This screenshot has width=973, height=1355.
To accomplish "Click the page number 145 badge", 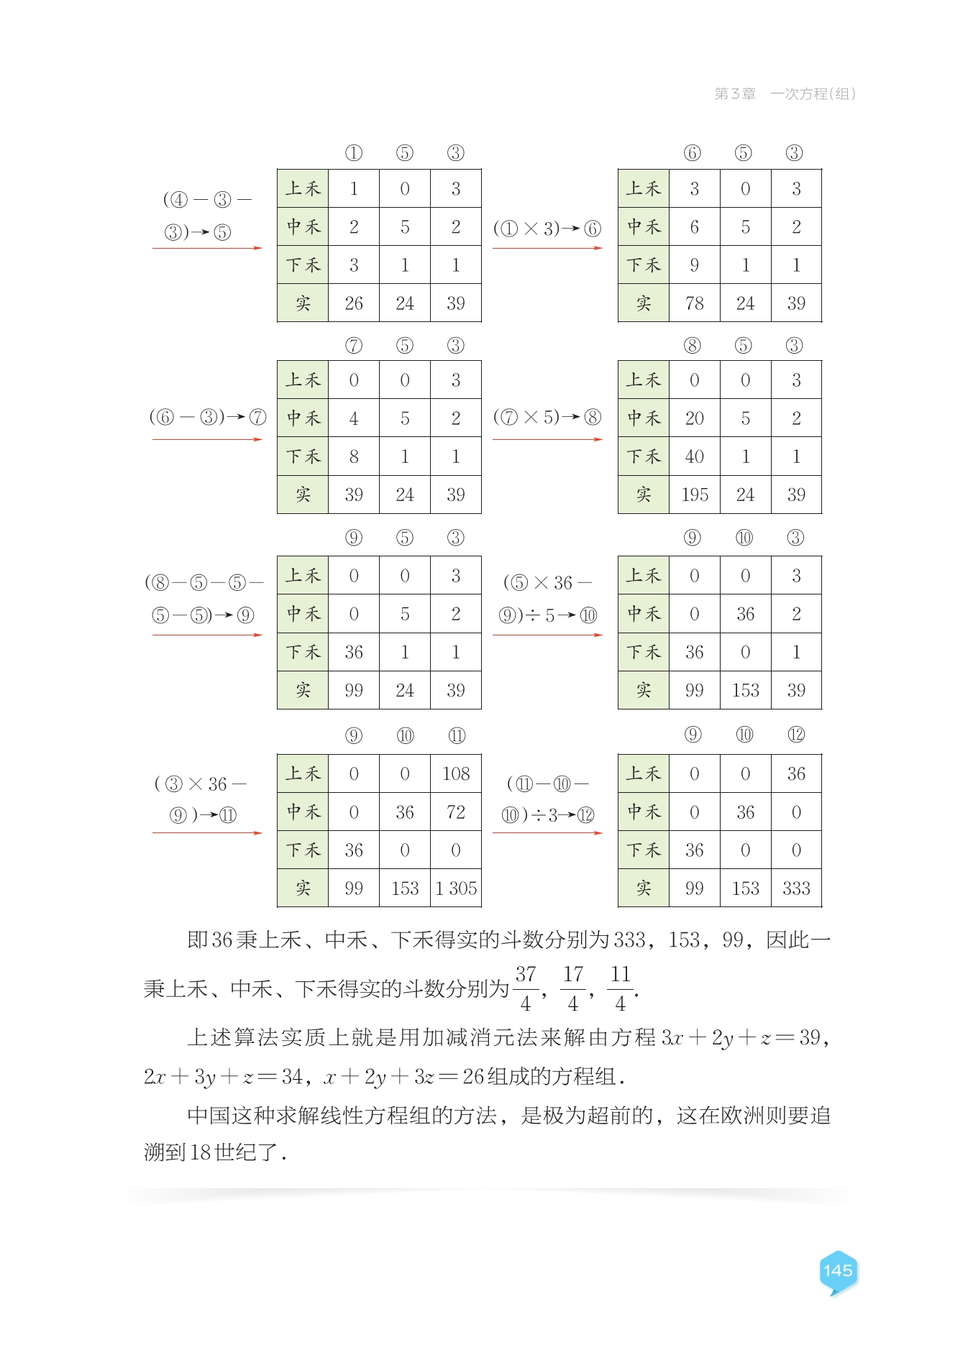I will (838, 1271).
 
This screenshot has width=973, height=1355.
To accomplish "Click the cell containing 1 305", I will (456, 888).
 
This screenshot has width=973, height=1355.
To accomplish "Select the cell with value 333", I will (796, 888).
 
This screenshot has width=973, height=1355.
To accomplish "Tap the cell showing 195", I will (695, 495).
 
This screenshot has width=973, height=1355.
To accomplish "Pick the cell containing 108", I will (456, 773).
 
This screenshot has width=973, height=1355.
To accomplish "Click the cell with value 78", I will (695, 303).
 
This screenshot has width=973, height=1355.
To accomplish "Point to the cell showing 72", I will (456, 812).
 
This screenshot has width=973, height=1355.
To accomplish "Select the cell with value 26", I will (354, 303).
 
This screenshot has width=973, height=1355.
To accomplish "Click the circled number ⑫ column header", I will (796, 735).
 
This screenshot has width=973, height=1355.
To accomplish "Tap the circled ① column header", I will (354, 153).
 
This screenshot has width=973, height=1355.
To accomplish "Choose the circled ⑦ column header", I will (354, 346).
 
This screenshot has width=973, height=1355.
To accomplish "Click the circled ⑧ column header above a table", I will (693, 346).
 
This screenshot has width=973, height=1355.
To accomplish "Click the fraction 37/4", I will (526, 988).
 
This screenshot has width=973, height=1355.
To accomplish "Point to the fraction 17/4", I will (573, 988).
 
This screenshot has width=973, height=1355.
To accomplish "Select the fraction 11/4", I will (620, 988).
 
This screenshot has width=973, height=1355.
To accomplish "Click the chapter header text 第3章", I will (735, 93).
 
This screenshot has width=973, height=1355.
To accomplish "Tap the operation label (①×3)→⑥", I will (547, 229).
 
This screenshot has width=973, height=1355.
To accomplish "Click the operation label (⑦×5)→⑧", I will (547, 417).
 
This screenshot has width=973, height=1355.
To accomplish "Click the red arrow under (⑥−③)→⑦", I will (207, 439).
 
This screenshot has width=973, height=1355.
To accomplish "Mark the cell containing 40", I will (695, 456).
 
